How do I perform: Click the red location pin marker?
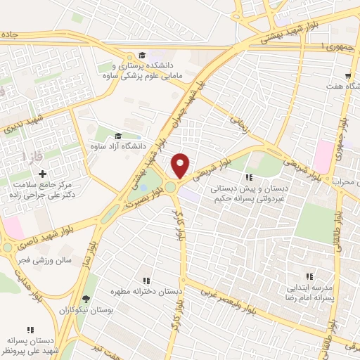pyautogui.click(x=181, y=165)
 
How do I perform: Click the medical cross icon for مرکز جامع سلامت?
pyautogui.click(x=42, y=174)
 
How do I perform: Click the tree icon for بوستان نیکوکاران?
pyautogui.click(x=86, y=299)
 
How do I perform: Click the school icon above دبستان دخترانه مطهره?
pyautogui.click(x=146, y=279)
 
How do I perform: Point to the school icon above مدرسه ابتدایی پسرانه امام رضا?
pyautogui.click(x=309, y=277)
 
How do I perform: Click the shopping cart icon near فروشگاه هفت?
pyautogui.click(x=348, y=75)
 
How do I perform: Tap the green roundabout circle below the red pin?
pyautogui.click(x=171, y=188)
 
